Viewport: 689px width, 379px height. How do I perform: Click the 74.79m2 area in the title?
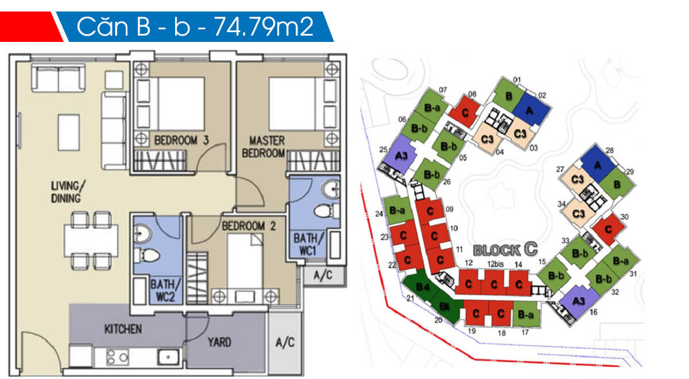click(x=264, y=27)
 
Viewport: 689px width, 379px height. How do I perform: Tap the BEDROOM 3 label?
click(x=181, y=140)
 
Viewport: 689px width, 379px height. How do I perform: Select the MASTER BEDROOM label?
click(x=264, y=147)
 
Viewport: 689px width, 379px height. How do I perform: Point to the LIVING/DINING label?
click(x=67, y=192)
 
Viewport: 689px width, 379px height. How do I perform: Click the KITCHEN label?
click(x=123, y=330)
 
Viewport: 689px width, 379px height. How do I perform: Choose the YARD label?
click(x=219, y=342)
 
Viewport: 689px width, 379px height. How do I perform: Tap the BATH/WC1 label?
click(x=308, y=245)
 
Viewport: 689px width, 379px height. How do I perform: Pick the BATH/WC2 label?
click(x=165, y=291)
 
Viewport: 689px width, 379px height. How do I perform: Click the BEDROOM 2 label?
click(x=249, y=226)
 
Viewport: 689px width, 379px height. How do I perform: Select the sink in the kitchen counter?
click(x=168, y=357)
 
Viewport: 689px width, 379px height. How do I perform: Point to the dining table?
click(x=91, y=241)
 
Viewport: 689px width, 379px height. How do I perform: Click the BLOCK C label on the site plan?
click(x=505, y=250)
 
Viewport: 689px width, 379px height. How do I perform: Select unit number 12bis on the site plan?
click(x=495, y=264)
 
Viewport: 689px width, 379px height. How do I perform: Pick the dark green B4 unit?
click(x=422, y=287)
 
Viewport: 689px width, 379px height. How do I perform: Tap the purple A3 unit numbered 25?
click(x=400, y=155)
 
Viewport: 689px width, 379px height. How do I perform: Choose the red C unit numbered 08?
click(x=465, y=112)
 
